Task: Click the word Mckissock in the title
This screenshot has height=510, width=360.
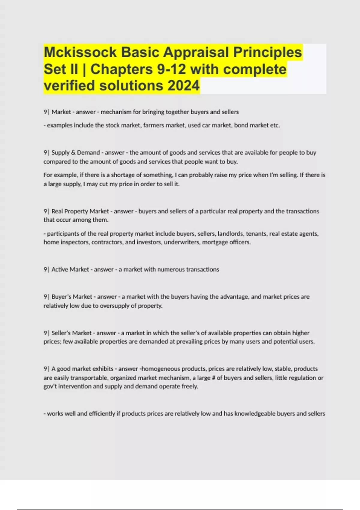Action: point(80,52)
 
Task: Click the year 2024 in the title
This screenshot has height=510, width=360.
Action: point(183,85)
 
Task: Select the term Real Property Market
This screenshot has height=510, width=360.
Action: point(80,211)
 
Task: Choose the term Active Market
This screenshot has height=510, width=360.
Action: point(70,269)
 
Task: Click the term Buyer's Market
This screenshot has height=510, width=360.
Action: point(72,297)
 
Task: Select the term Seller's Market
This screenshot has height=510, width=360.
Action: point(71,333)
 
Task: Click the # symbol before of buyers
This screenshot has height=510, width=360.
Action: point(213,378)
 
